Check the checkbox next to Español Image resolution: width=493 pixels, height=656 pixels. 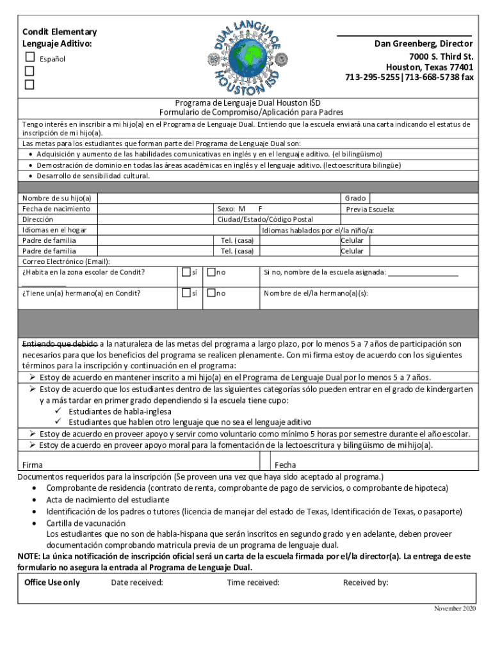click(30, 58)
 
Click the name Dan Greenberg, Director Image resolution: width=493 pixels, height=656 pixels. click(424, 44)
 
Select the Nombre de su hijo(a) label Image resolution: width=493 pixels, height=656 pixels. click(56, 199)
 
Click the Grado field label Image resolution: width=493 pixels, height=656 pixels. click(355, 199)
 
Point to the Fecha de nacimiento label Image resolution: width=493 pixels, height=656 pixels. click(56, 209)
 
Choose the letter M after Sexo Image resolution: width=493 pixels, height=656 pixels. click(242, 209)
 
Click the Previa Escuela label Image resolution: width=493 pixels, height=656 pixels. click(370, 209)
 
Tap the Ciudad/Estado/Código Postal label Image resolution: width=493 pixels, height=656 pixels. click(265, 219)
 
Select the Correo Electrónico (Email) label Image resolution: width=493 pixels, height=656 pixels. click(66, 261)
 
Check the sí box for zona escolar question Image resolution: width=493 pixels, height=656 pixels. click(186, 272)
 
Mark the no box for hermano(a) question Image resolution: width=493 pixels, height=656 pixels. click(211, 293)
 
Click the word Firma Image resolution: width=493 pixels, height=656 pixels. click(33, 465)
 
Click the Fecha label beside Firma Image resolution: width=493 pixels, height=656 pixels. click(285, 465)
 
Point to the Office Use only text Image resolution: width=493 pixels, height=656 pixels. click(52, 582)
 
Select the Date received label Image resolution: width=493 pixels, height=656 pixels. click(136, 582)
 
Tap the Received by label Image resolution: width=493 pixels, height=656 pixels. click(366, 582)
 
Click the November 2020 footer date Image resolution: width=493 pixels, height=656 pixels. click(455, 607)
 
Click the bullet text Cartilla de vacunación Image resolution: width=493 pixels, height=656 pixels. click(86, 523)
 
